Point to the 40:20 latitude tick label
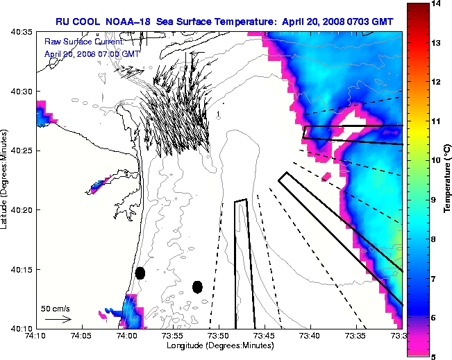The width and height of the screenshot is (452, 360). coord(23,209)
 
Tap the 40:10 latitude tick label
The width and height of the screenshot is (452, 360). coord(23,327)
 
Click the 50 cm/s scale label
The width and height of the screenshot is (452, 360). coord(55,307)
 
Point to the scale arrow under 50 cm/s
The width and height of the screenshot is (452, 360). coord(58,319)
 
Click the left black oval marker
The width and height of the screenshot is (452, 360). coord(140,273)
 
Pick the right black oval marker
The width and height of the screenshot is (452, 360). coord(197,286)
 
